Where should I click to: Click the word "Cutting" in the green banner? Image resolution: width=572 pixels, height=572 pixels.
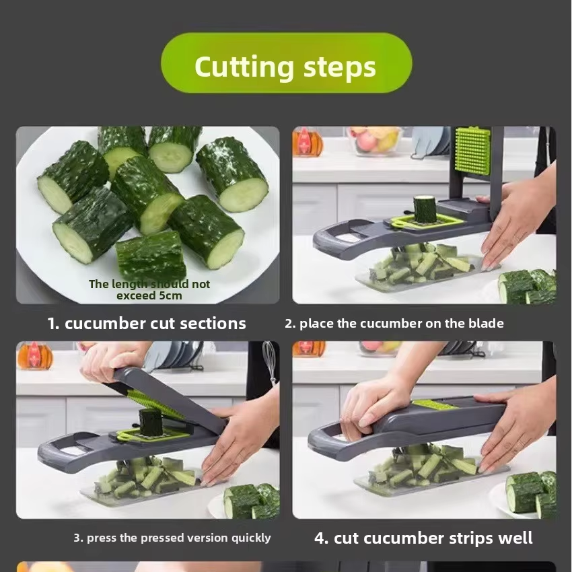tap(244, 67)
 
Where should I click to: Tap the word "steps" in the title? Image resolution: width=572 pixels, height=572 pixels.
tap(339, 68)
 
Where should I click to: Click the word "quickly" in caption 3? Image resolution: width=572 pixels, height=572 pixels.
tap(252, 538)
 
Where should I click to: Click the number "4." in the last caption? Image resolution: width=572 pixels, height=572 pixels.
tap(322, 539)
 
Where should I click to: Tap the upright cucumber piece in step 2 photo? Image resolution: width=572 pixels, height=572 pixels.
tap(425, 209)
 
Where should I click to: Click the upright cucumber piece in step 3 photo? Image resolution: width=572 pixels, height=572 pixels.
tap(150, 423)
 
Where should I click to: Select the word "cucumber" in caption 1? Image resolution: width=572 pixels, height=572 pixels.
tap(105, 324)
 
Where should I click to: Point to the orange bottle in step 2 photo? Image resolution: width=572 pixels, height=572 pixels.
tap(307, 141)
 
